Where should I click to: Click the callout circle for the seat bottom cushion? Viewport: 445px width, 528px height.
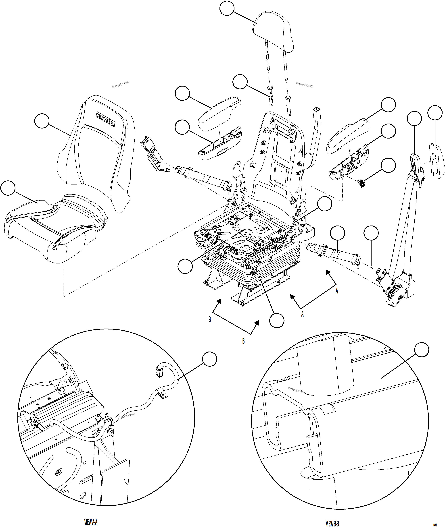pyautogui.click(x=8, y=188)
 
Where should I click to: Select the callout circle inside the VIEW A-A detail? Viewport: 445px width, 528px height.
pyautogui.click(x=210, y=359)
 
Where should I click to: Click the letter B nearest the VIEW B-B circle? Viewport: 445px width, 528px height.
pyautogui.click(x=243, y=341)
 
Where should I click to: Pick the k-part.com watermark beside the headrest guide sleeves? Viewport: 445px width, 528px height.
pyautogui.click(x=305, y=85)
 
